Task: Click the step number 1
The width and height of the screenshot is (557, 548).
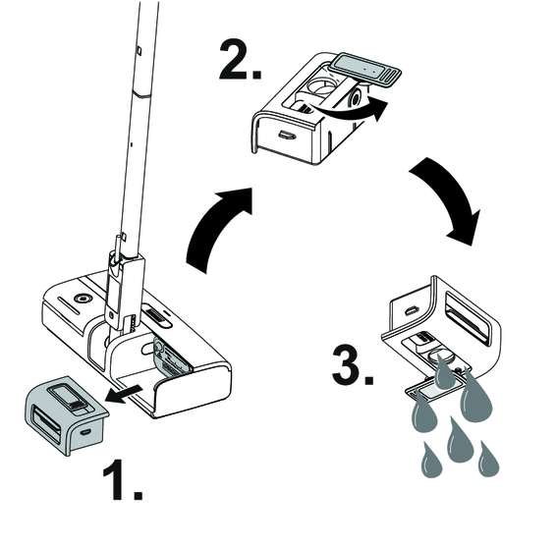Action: click(x=123, y=480)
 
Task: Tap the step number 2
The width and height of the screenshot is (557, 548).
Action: click(x=240, y=60)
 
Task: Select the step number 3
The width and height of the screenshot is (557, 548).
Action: click(x=353, y=364)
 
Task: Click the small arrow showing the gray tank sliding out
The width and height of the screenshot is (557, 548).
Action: click(x=125, y=394)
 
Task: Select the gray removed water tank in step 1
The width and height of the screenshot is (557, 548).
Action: click(x=66, y=414)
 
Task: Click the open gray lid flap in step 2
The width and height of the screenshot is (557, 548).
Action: click(x=365, y=70)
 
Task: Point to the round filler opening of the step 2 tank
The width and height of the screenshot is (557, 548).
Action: click(x=322, y=84)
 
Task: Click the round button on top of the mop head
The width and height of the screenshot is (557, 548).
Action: click(x=83, y=299)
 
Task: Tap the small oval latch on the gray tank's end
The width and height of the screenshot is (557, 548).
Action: click(x=85, y=432)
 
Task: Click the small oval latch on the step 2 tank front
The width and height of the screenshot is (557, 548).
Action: click(x=287, y=135)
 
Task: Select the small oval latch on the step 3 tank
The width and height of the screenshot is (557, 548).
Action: click(x=411, y=310)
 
